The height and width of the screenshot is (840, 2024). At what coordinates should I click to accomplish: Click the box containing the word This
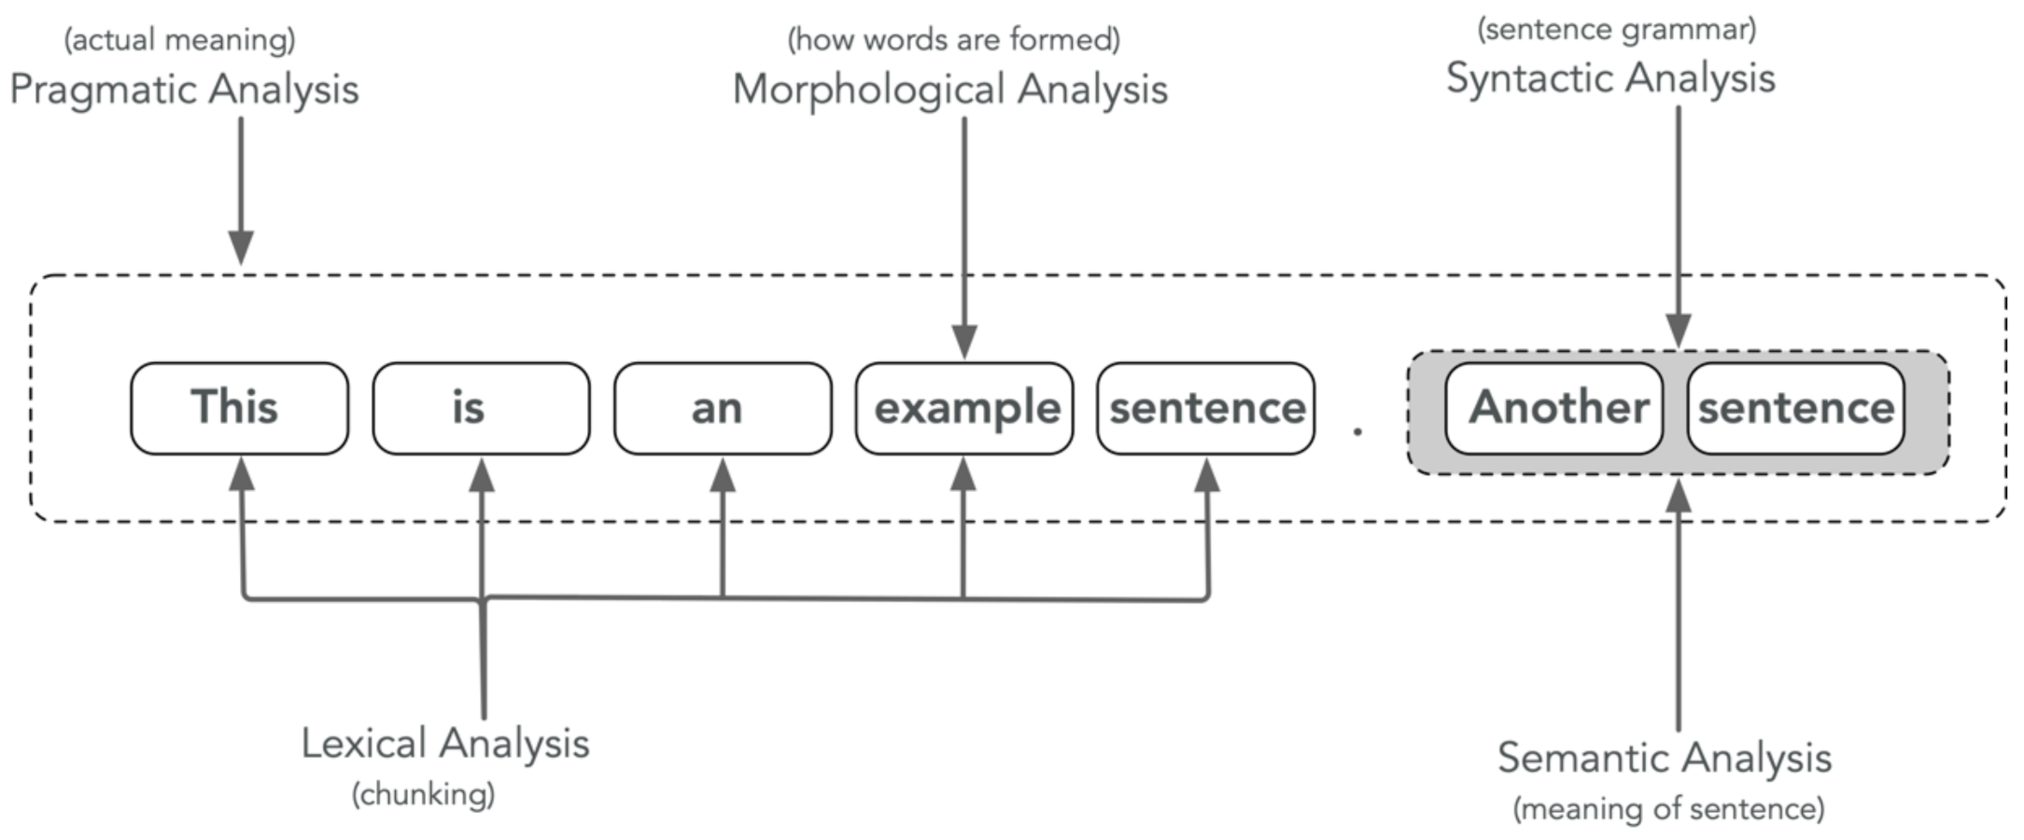tap(239, 409)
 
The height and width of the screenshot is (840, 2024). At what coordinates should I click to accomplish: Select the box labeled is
tap(481, 409)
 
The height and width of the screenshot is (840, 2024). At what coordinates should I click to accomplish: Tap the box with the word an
tap(722, 409)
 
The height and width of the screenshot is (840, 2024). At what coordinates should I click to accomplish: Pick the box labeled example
tap(963, 409)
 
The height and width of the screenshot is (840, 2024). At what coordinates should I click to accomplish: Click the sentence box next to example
tap(1205, 409)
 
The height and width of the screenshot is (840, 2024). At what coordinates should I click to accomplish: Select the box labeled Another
tap(1553, 409)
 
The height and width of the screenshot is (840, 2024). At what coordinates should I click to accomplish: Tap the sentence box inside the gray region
tap(1795, 409)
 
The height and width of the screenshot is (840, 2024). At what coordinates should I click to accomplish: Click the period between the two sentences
tap(1357, 431)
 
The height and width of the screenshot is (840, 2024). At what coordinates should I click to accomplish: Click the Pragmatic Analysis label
tap(184, 91)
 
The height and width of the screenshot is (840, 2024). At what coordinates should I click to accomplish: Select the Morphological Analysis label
tap(949, 91)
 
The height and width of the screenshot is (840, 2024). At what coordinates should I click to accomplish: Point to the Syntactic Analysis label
tap(1610, 78)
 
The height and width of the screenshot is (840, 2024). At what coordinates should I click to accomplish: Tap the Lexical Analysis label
tap(445, 744)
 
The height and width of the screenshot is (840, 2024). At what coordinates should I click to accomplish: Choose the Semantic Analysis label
tap(1665, 758)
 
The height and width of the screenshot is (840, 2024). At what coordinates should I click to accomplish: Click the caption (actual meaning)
tap(179, 40)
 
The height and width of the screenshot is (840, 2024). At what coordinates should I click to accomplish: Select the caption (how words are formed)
tap(953, 40)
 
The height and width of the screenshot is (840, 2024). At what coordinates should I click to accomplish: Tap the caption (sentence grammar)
tap(1616, 30)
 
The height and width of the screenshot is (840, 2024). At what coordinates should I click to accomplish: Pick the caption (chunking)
tap(423, 795)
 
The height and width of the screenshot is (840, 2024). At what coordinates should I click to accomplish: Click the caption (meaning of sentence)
tap(1668, 808)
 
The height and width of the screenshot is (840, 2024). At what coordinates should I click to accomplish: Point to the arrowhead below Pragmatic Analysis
tap(241, 247)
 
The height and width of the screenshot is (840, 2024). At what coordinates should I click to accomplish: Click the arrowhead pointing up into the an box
tap(722, 474)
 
